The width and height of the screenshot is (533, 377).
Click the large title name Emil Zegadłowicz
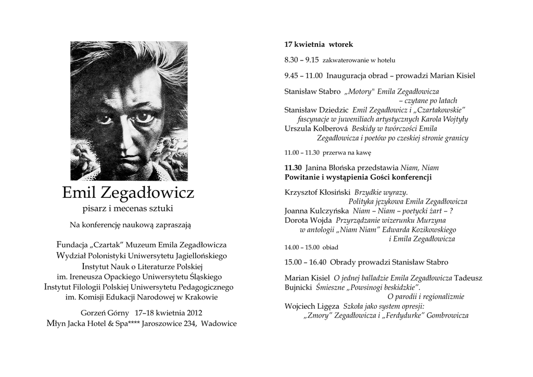coord(128,193)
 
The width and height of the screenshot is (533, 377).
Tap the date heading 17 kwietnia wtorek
coord(319,45)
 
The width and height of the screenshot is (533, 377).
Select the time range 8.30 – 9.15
coord(301,60)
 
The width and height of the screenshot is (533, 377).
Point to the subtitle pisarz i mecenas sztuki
coord(128,209)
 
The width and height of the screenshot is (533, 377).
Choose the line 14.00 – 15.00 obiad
coord(311,247)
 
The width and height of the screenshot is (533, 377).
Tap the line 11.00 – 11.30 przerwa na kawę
coord(327,153)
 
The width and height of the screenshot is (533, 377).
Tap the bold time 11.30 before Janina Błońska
coord(293,168)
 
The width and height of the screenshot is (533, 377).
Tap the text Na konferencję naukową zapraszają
coord(130,225)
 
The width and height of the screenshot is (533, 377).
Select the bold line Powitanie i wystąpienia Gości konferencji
coord(358,177)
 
